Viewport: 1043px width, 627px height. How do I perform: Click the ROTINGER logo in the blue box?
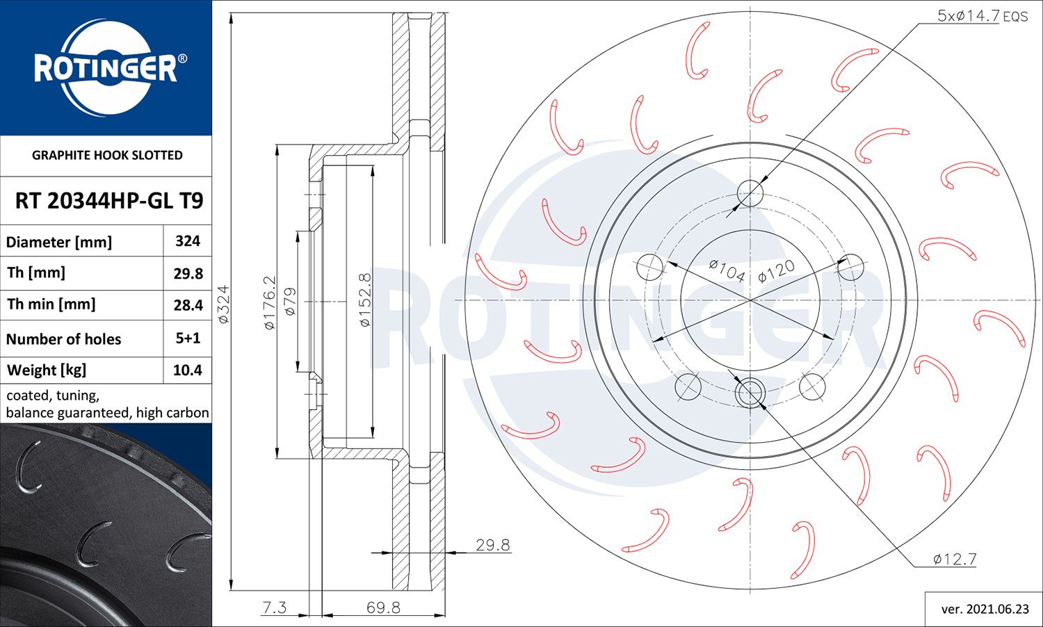click(106, 68)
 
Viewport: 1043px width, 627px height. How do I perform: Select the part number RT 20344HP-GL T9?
click(109, 201)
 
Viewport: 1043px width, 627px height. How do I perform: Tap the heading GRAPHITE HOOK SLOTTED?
click(107, 155)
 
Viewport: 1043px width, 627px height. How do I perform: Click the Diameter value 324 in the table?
click(188, 241)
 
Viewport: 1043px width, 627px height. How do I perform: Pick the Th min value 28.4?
click(188, 305)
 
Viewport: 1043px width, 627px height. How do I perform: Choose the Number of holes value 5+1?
click(188, 339)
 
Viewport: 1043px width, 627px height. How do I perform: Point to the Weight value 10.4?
click(188, 370)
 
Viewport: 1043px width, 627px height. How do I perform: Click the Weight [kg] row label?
click(47, 370)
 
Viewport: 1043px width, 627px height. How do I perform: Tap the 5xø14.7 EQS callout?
click(982, 15)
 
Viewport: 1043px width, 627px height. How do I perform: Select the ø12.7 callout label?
click(955, 559)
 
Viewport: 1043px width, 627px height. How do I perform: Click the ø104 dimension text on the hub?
click(727, 270)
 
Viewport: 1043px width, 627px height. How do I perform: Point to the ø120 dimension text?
click(776, 271)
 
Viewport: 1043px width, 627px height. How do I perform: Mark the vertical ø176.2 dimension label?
click(270, 302)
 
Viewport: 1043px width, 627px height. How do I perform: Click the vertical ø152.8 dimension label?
click(365, 300)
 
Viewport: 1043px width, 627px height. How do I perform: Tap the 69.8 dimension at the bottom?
click(383, 608)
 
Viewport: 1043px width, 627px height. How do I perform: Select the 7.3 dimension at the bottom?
click(274, 608)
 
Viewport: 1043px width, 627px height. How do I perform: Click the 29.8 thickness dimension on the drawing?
click(492, 545)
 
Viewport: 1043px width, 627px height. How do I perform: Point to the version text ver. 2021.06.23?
click(985, 609)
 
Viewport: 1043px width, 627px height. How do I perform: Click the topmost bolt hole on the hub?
click(750, 193)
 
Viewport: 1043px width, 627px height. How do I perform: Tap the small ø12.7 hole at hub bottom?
click(750, 393)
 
